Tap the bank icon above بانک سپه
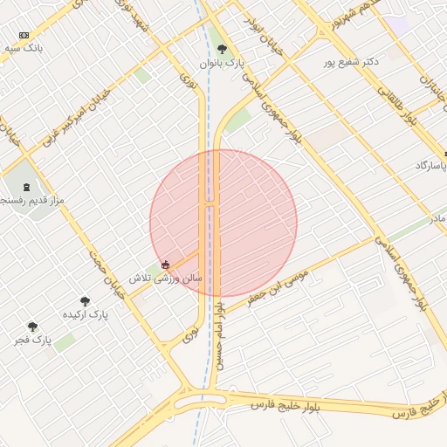pos(24,35)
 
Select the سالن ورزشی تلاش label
pos(166,278)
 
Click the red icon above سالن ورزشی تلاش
pos(165,265)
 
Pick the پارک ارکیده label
pos(86,313)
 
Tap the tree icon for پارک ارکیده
pos(85,300)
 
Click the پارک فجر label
pos(33,339)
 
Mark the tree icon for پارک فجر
pos(32,327)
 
